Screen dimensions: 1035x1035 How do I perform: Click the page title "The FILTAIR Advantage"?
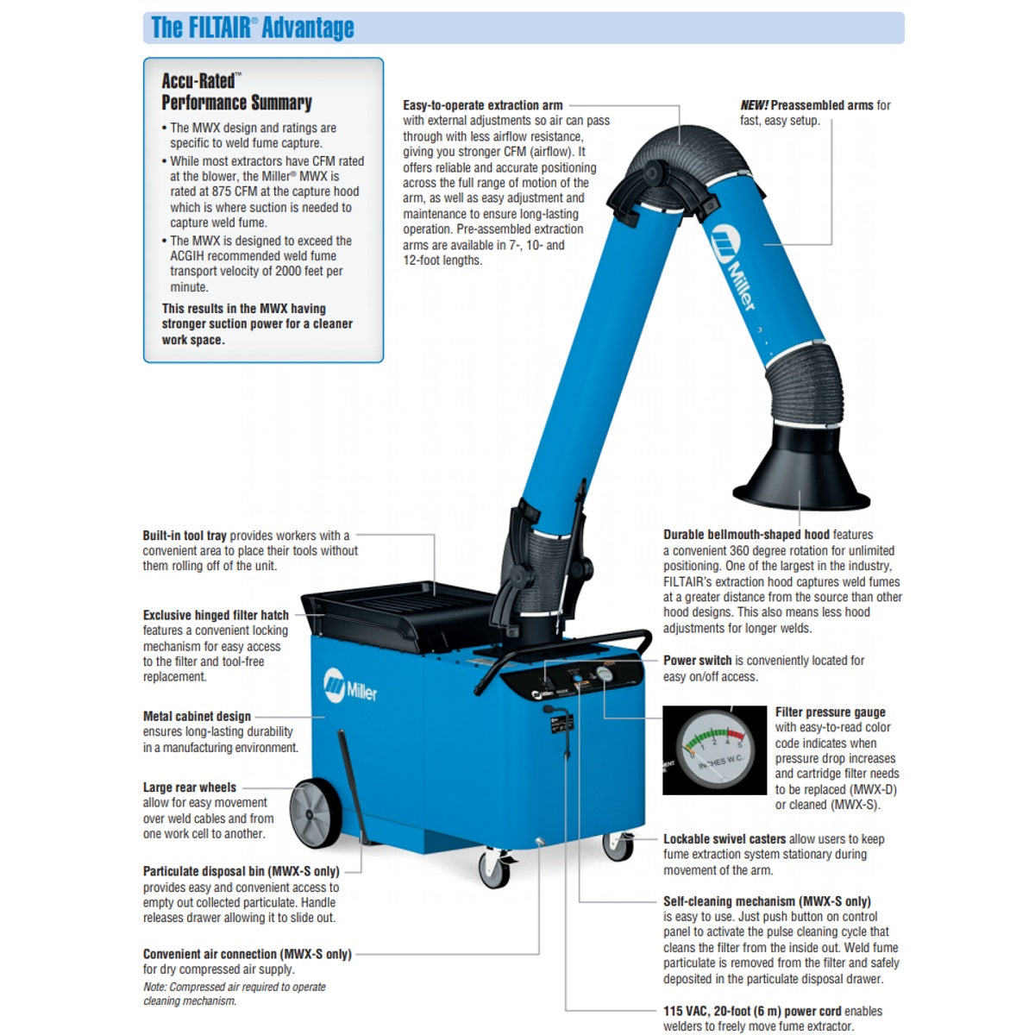pyautogui.click(x=253, y=28)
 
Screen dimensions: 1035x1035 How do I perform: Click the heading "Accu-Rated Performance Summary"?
pyautogui.click(x=236, y=91)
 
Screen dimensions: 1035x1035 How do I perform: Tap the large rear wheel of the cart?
pyautogui.click(x=315, y=813)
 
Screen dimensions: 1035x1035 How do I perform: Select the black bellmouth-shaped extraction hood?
pyautogui.click(x=800, y=470)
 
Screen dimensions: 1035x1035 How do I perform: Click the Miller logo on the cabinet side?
pyautogui.click(x=350, y=687)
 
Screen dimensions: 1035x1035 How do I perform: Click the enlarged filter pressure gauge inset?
pyautogui.click(x=714, y=750)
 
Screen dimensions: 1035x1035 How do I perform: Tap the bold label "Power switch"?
pyautogui.click(x=697, y=661)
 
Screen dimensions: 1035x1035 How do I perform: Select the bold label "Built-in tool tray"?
pyautogui.click(x=185, y=536)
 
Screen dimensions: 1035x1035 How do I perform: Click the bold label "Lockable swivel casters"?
pyautogui.click(x=724, y=839)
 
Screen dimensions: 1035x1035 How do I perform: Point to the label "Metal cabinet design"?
pyautogui.click(x=197, y=717)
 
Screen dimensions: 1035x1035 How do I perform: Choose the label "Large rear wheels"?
pyautogui.click(x=190, y=787)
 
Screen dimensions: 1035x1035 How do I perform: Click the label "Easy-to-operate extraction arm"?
pyautogui.click(x=483, y=105)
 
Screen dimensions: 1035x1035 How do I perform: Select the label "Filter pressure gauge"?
pyautogui.click(x=830, y=712)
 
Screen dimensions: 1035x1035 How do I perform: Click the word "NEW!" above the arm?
pyautogui.click(x=754, y=105)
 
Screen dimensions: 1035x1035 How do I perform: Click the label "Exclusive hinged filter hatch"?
pyautogui.click(x=216, y=616)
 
